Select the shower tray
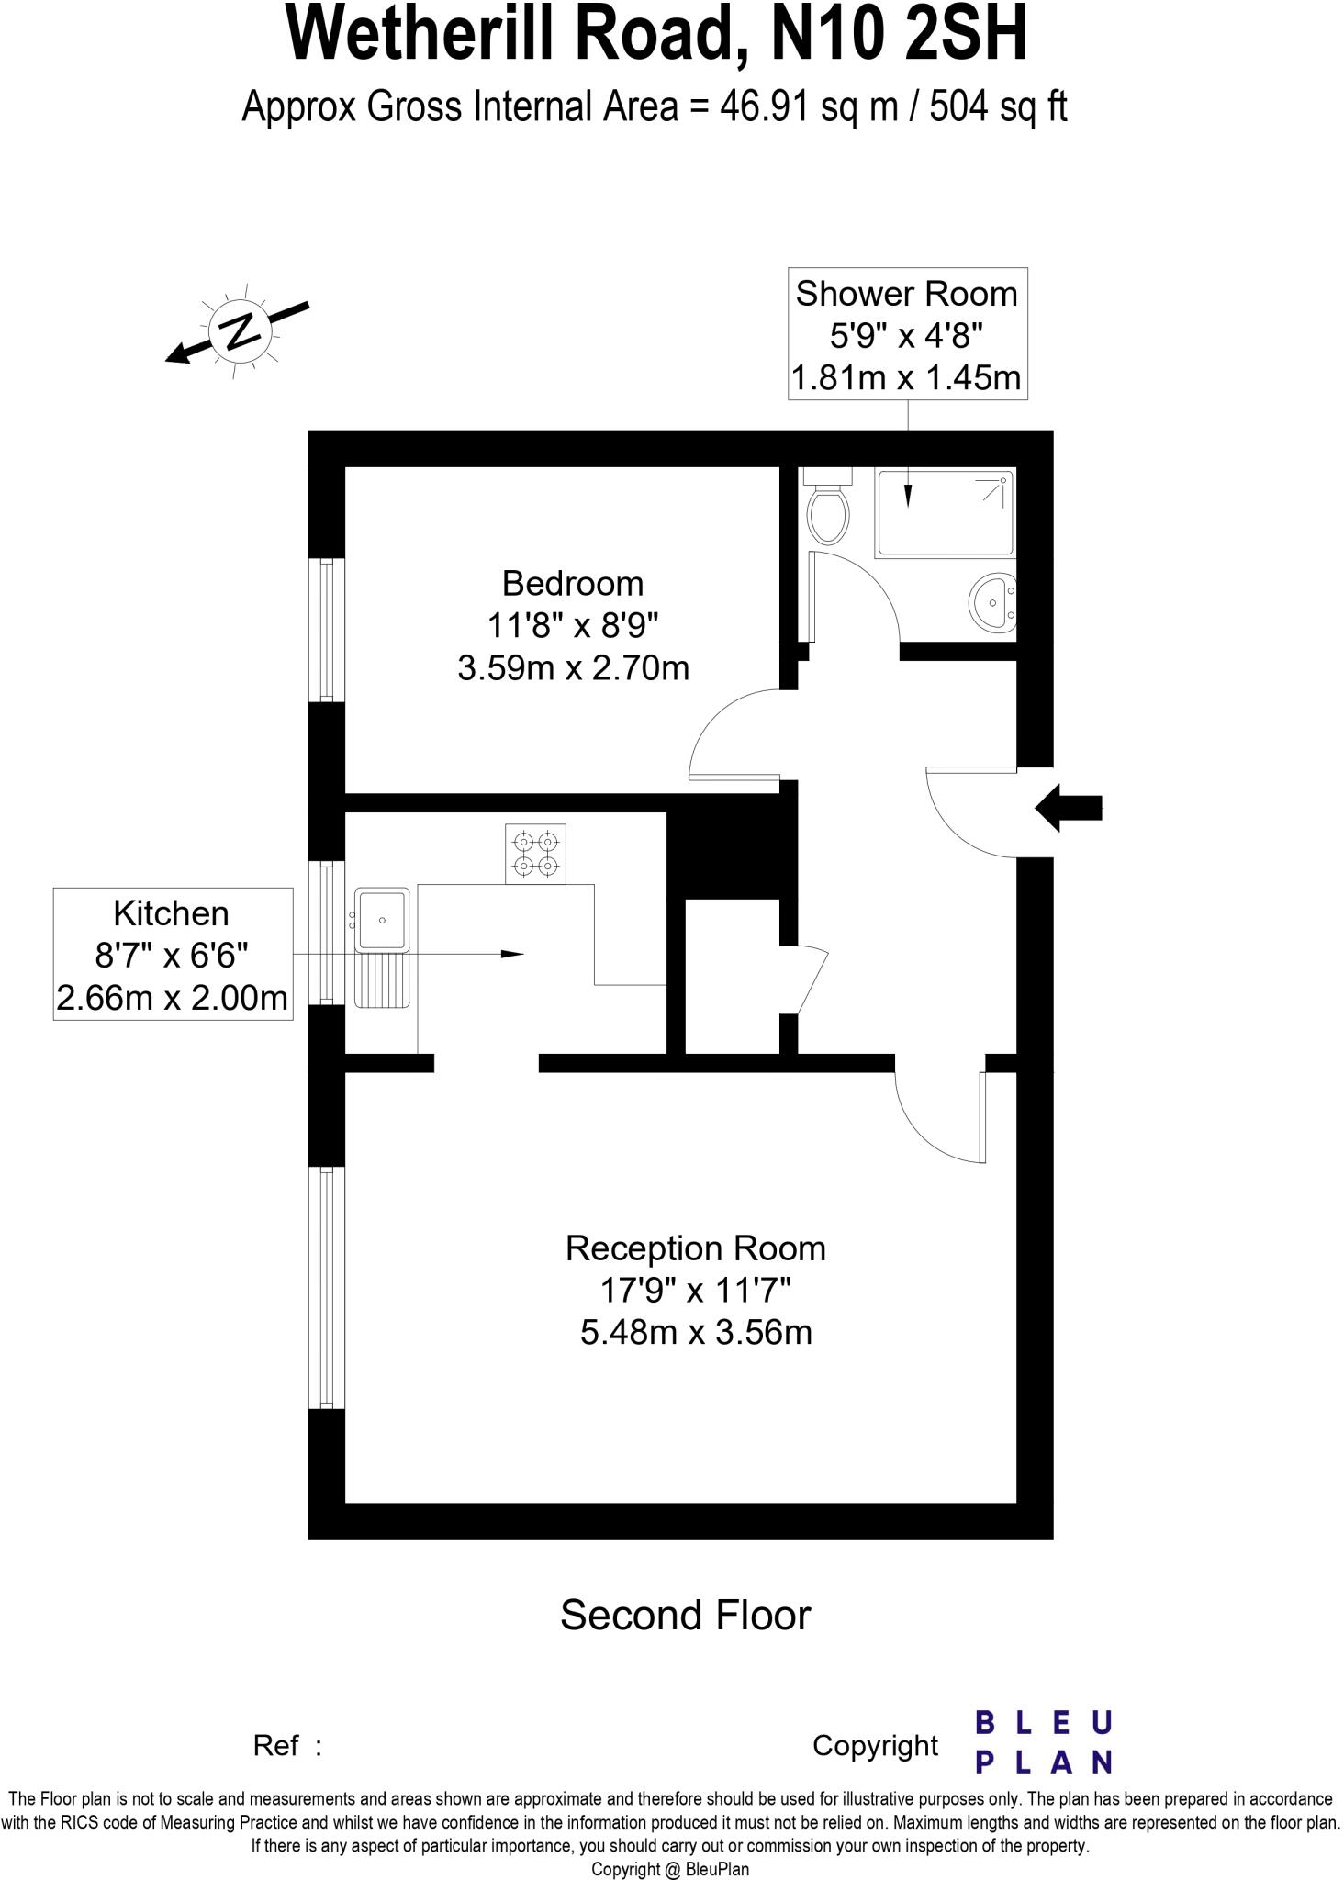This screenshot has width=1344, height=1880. coord(946,513)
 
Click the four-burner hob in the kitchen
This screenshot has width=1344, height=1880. coord(535,854)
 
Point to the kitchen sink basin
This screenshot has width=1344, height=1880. coord(383,919)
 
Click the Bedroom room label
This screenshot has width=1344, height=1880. coord(573,584)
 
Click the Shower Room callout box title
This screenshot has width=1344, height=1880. coord(907,294)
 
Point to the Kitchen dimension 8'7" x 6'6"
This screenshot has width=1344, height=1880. coord(173,956)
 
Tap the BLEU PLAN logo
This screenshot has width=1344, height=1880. coord(1043,1741)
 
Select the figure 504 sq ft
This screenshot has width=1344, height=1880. coord(999,107)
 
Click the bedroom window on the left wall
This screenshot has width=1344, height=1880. coord(326,630)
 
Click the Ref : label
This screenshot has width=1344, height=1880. coord(287,1745)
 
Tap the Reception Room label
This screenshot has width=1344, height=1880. coord(696,1248)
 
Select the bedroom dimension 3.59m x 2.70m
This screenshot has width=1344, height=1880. coord(573,668)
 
